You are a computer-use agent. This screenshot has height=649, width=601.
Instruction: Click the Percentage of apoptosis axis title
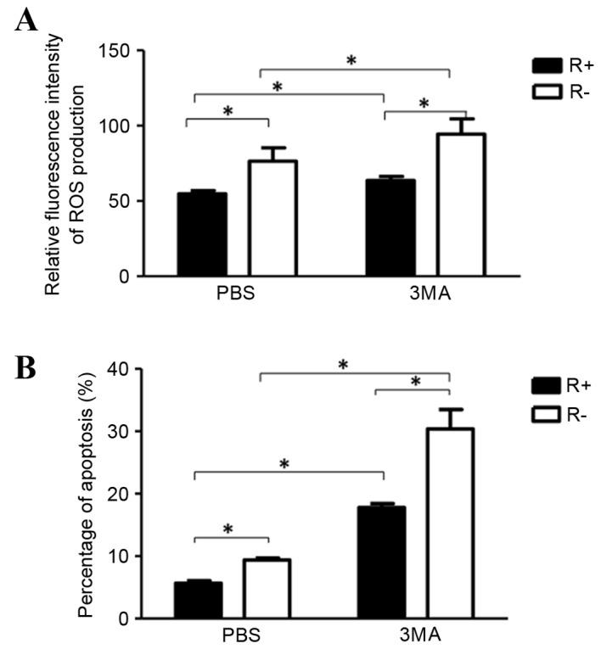point(85,493)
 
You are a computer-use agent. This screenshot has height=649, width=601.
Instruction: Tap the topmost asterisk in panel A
point(351,60)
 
